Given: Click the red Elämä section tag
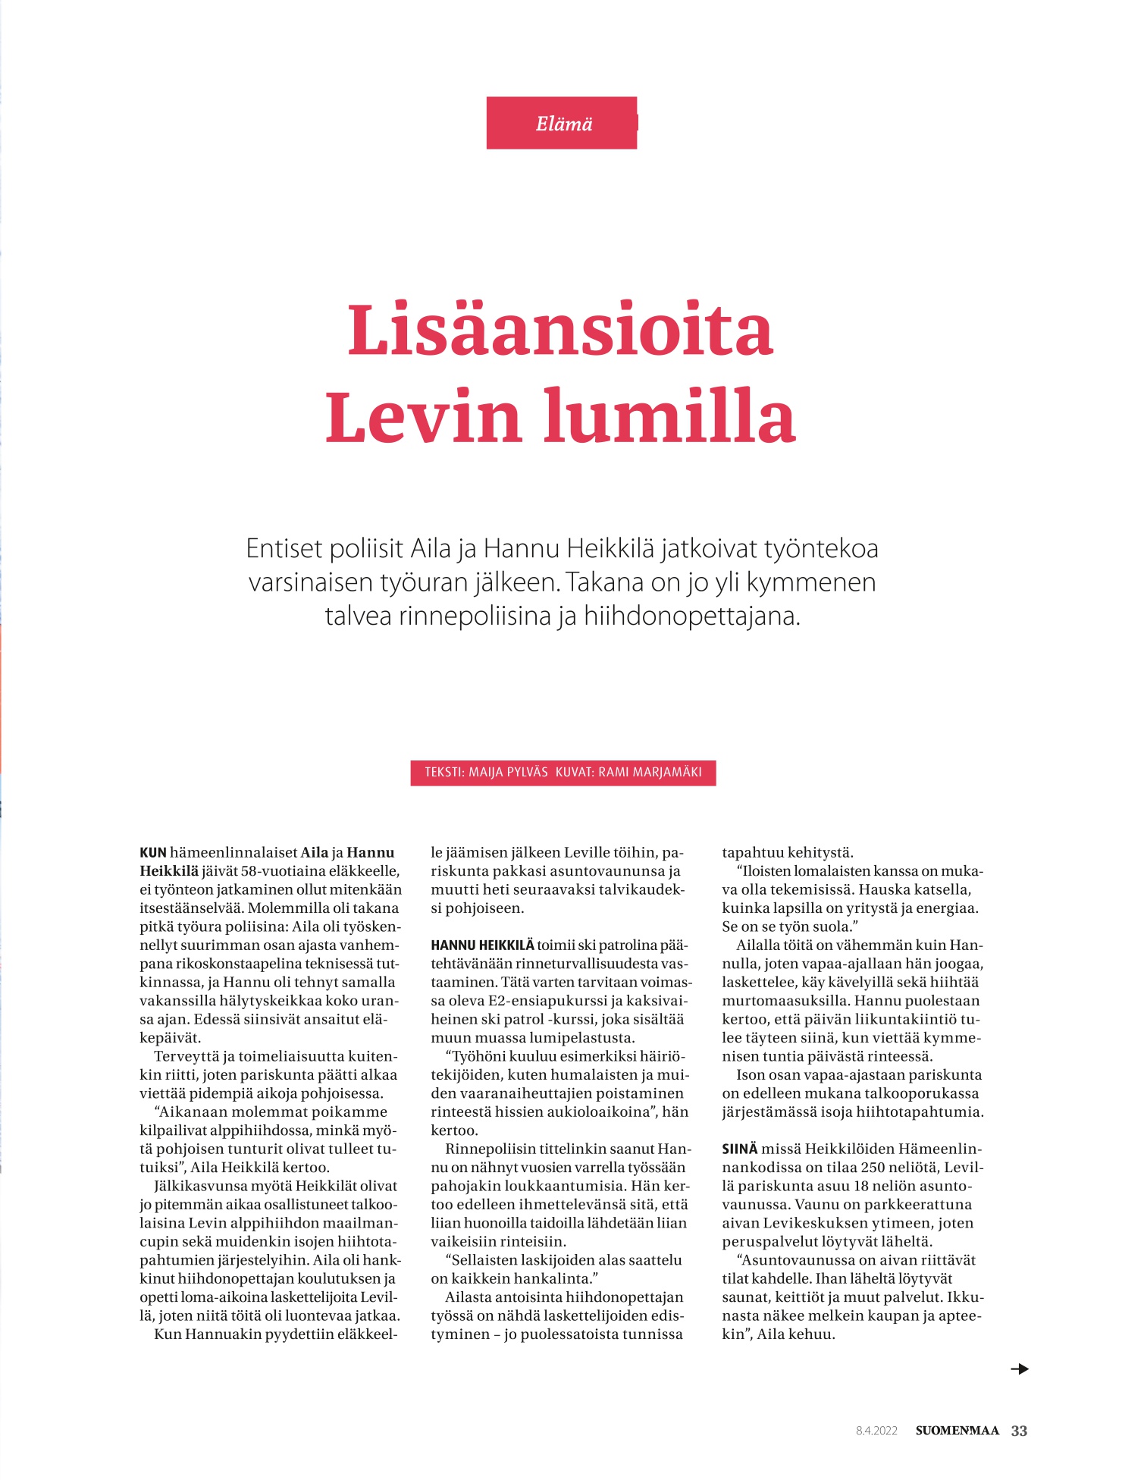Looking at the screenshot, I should (562, 123).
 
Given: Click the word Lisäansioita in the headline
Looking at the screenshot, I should (560, 331).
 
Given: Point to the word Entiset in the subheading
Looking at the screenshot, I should (284, 548).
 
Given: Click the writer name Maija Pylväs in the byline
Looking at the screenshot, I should (508, 773).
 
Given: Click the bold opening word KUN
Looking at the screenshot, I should (152, 853).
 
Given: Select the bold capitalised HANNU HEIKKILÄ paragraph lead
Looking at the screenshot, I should (482, 945).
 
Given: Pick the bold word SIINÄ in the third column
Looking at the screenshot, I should (739, 1149).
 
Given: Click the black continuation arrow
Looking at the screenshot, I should (1020, 1369).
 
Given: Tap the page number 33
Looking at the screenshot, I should (1019, 1431).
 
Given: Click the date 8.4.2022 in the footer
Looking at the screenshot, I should (876, 1431).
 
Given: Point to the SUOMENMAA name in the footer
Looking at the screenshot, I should (957, 1431).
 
